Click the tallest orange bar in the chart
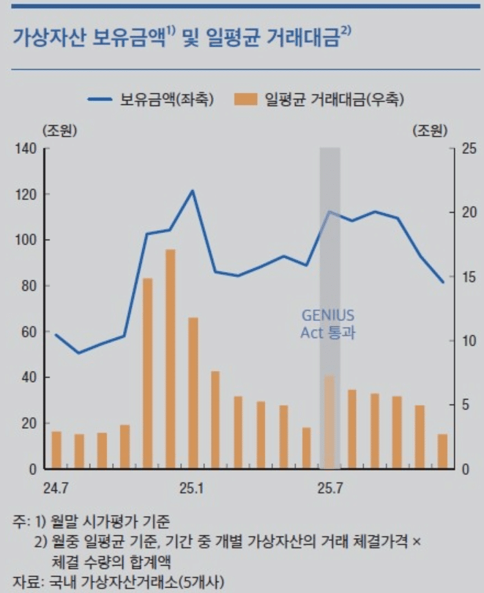[170, 359]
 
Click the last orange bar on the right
[442, 452]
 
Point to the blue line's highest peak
[193, 191]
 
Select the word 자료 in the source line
[25, 582]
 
